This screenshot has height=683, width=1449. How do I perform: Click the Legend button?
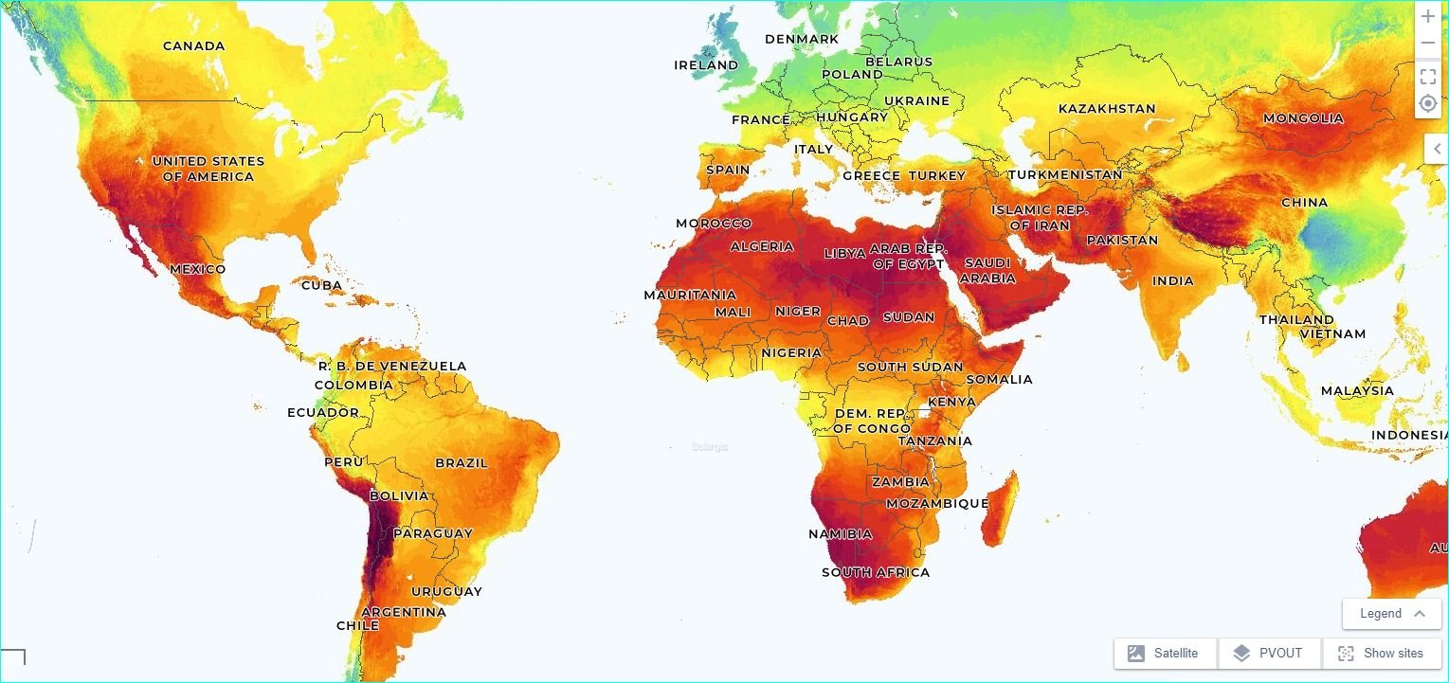tap(1391, 613)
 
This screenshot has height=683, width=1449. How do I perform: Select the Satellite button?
tap(1165, 653)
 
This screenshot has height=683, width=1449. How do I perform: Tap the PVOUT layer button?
tap(1269, 653)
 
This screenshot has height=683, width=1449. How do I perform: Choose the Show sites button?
tap(1381, 653)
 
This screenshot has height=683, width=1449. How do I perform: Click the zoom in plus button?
tap(1428, 17)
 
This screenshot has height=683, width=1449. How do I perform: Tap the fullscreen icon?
tap(1428, 77)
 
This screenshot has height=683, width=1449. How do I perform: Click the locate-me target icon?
tap(1428, 103)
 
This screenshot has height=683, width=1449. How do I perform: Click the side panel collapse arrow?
tap(1437, 149)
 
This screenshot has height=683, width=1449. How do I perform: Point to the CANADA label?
tap(193, 45)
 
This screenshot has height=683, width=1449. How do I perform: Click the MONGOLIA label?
tap(1303, 118)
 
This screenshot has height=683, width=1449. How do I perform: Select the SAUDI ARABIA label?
tap(987, 270)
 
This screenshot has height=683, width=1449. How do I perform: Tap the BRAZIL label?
tap(462, 463)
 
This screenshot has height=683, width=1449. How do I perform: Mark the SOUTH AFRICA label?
tap(875, 572)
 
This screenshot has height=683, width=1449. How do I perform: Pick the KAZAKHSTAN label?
tap(1106, 108)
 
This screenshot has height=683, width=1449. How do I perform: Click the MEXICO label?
tap(198, 269)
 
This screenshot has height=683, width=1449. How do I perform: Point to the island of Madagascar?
tap(1002, 507)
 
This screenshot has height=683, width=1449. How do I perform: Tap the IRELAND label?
tap(705, 65)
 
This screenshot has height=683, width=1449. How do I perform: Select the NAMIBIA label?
tap(840, 534)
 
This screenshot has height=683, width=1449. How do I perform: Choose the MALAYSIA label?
tap(1357, 390)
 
